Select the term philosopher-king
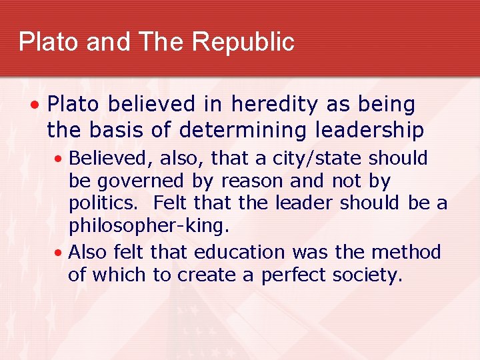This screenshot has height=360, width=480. tap(149, 226)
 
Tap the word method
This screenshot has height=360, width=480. tap(406, 252)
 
